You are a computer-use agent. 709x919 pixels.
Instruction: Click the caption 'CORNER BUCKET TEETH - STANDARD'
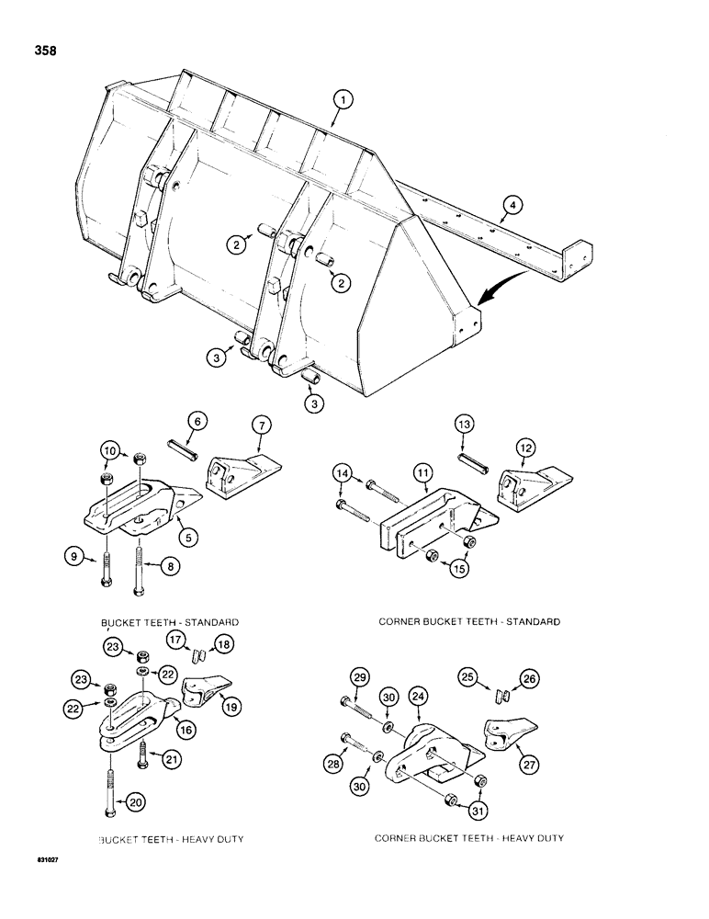tap(469, 622)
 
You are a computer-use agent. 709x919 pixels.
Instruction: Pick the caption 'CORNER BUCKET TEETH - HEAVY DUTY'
tap(469, 839)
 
